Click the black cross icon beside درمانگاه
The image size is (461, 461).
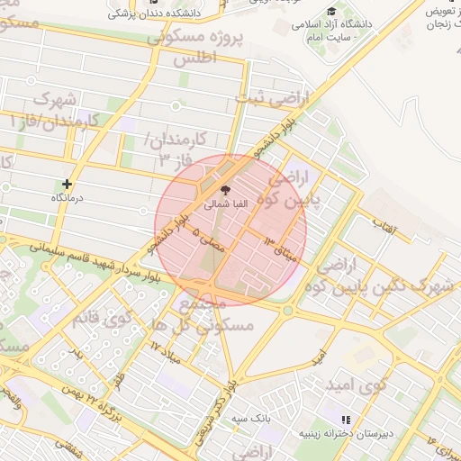[66, 184]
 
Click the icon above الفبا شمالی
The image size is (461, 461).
[225, 191]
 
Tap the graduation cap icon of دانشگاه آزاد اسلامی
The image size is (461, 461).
[331, 13]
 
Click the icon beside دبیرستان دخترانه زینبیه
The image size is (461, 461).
[345, 420]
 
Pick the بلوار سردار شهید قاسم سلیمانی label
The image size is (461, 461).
[99, 262]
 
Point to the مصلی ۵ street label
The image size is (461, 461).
[209, 236]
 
